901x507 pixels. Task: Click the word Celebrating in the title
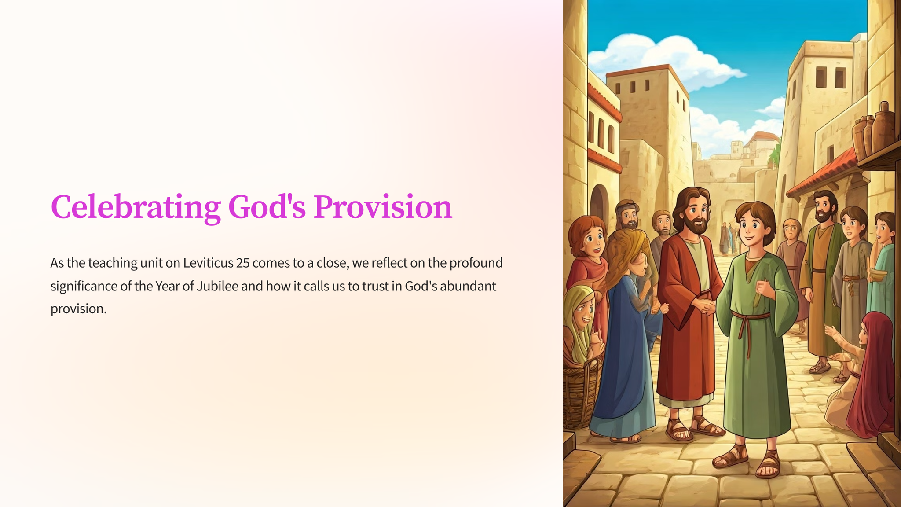click(136, 207)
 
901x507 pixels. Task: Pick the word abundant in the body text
click(468, 286)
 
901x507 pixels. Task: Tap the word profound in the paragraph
click(476, 263)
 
